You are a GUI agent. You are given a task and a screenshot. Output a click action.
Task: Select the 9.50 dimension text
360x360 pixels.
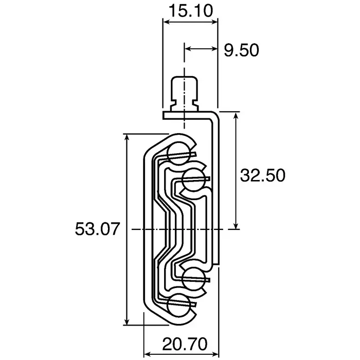click(x=241, y=50)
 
